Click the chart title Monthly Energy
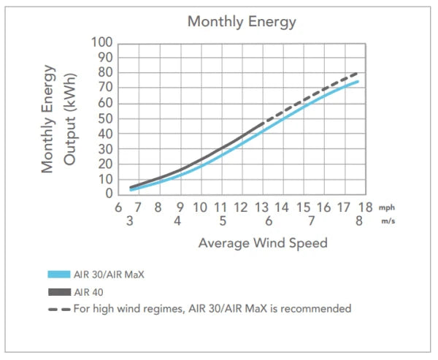click(x=242, y=21)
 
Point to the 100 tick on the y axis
click(x=101, y=42)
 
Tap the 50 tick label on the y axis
click(x=104, y=118)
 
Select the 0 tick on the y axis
click(x=107, y=194)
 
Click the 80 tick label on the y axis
click(x=104, y=72)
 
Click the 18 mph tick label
click(x=365, y=207)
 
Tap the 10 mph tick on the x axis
click(x=199, y=207)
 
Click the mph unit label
click(x=386, y=208)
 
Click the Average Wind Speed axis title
click(x=262, y=242)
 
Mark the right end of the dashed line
click(x=358, y=72)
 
